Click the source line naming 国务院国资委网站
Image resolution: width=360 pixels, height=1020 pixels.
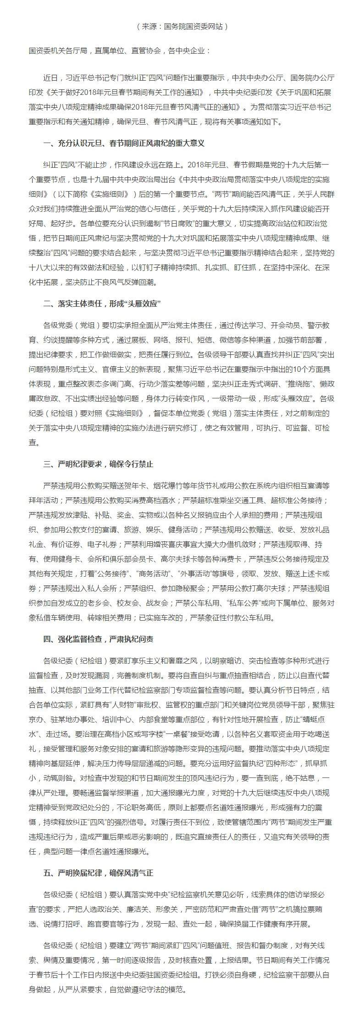[x=182, y=27]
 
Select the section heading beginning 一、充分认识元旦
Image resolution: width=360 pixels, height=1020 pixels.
[x=123, y=143]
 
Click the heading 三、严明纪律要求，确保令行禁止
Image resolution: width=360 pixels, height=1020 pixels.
[x=98, y=464]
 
